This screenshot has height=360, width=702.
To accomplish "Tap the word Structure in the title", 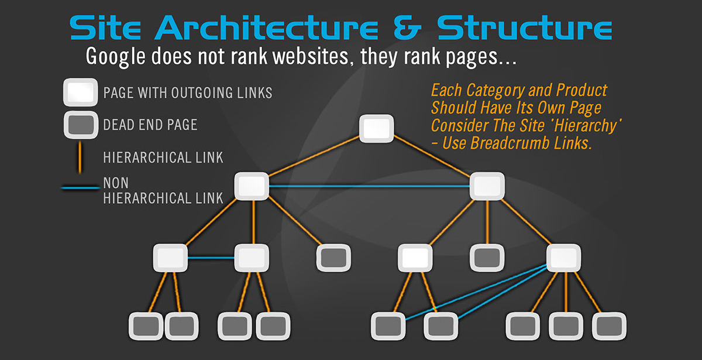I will click(x=525, y=28).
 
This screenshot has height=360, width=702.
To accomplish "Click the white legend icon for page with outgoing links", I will click(x=80, y=92).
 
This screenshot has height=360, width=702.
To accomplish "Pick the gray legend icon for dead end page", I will click(x=80, y=124).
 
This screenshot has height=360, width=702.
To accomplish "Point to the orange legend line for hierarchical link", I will click(x=80, y=157).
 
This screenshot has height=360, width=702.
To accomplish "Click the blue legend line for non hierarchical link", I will click(x=80, y=188).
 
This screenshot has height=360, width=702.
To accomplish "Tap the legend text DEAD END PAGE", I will click(x=150, y=125).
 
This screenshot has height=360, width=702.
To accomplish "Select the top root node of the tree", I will click(x=376, y=128).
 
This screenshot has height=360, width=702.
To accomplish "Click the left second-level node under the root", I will click(x=252, y=186).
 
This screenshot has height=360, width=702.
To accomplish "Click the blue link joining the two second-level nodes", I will click(x=369, y=187).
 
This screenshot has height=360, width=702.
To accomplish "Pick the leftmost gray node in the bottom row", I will click(x=144, y=326).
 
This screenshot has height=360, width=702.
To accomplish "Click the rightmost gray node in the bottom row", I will click(x=609, y=326).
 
